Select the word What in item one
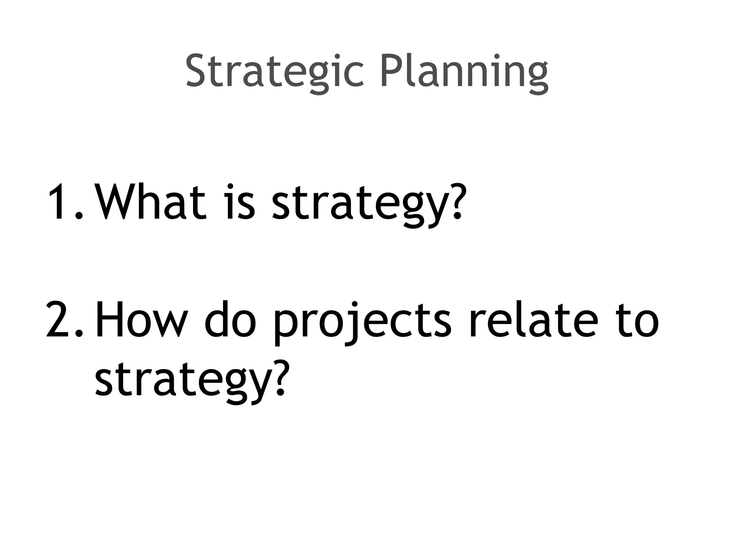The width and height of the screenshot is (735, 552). pyautogui.click(x=151, y=201)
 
